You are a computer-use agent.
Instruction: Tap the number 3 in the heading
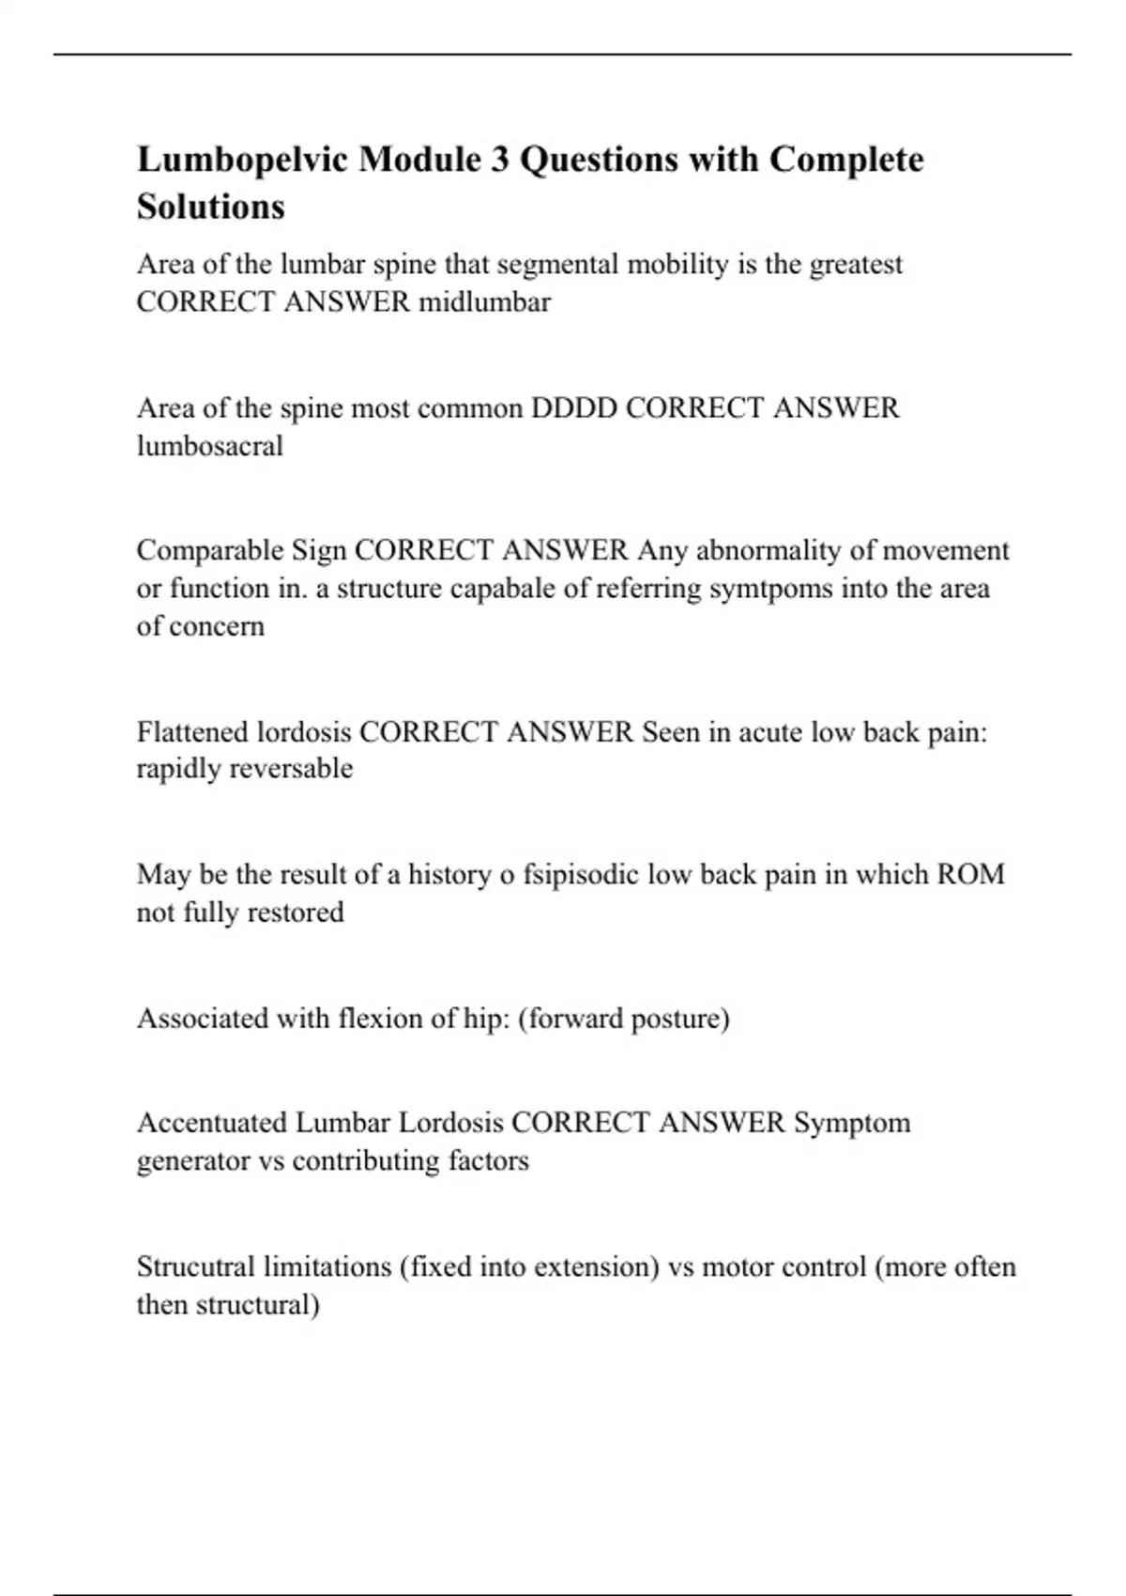pyautogui.click(x=500, y=161)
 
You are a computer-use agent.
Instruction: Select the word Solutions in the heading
pyautogui.click(x=211, y=207)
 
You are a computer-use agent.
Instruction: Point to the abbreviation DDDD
pyautogui.click(x=574, y=408)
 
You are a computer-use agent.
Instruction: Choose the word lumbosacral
pyautogui.click(x=210, y=446)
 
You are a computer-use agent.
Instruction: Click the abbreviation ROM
pyautogui.click(x=970, y=875)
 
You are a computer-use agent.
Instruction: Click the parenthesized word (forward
pyautogui.click(x=570, y=1019)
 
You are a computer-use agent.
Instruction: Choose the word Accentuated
pyautogui.click(x=213, y=1123)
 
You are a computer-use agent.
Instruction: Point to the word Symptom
pyautogui.click(x=852, y=1123)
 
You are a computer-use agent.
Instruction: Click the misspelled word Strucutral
pyautogui.click(x=196, y=1267)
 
